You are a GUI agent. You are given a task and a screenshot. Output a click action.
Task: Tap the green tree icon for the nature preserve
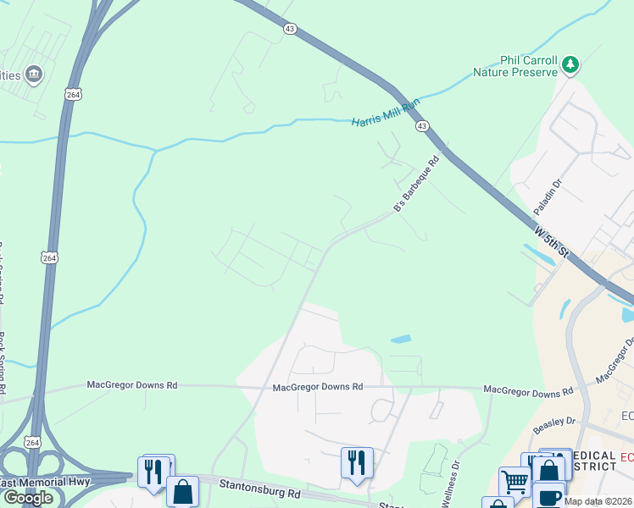571,64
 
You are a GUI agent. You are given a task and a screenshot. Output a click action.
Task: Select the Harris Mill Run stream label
386,113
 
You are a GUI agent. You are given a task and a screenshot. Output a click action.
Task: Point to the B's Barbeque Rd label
417,184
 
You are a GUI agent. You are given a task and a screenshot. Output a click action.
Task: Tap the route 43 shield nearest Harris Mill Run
421,125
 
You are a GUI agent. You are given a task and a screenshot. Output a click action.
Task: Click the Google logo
27,498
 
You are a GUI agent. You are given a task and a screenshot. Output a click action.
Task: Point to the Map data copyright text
598,501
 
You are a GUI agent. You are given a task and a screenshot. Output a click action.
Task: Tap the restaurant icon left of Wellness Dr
356,462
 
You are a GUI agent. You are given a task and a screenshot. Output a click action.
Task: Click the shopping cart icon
514,481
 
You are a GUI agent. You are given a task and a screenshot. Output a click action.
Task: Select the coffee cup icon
549,495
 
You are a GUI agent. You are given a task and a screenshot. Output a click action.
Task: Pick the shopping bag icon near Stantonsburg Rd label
182,490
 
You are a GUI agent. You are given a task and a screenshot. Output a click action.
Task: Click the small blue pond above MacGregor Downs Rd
401,340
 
